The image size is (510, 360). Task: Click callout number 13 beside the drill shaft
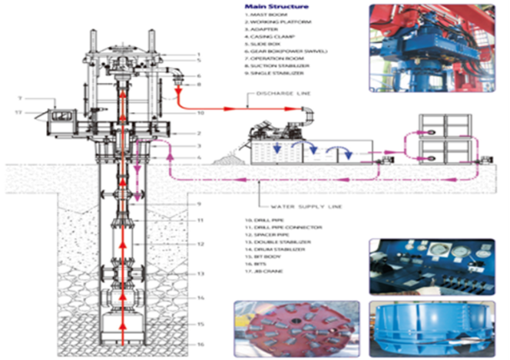pos(198,272)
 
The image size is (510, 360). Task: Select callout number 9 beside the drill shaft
pos(198,204)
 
